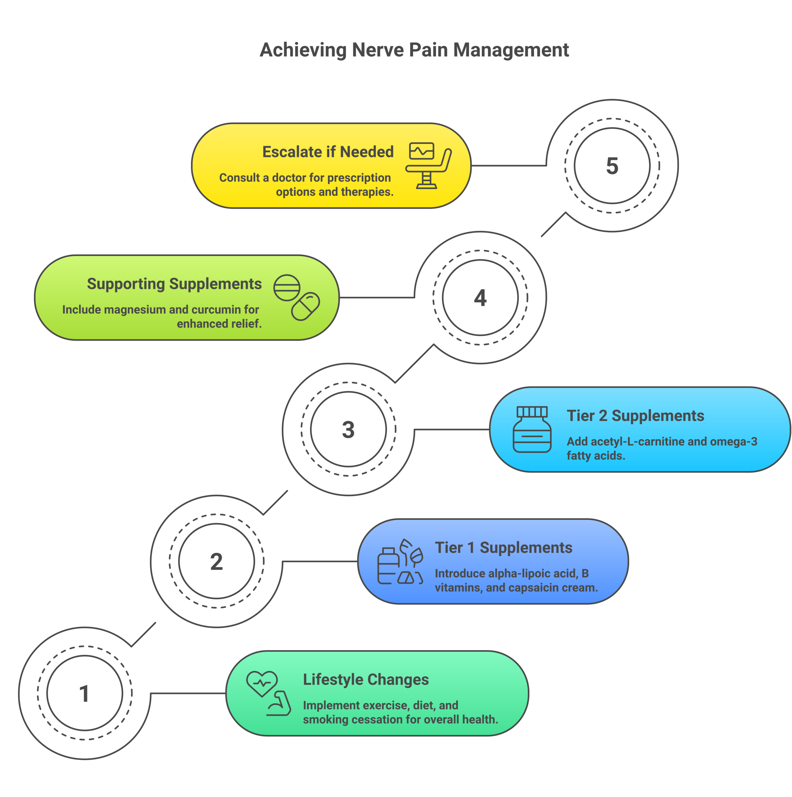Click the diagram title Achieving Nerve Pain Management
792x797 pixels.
(414, 50)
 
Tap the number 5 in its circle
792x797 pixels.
(612, 166)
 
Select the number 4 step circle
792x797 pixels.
(480, 297)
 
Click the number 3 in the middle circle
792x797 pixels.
(348, 429)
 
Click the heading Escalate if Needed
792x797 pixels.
(328, 152)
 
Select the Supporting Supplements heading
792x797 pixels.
(174, 284)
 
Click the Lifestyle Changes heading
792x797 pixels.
(366, 679)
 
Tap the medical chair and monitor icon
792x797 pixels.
(428, 165)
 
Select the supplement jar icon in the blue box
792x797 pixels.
(532, 429)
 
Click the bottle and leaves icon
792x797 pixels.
(400, 561)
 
